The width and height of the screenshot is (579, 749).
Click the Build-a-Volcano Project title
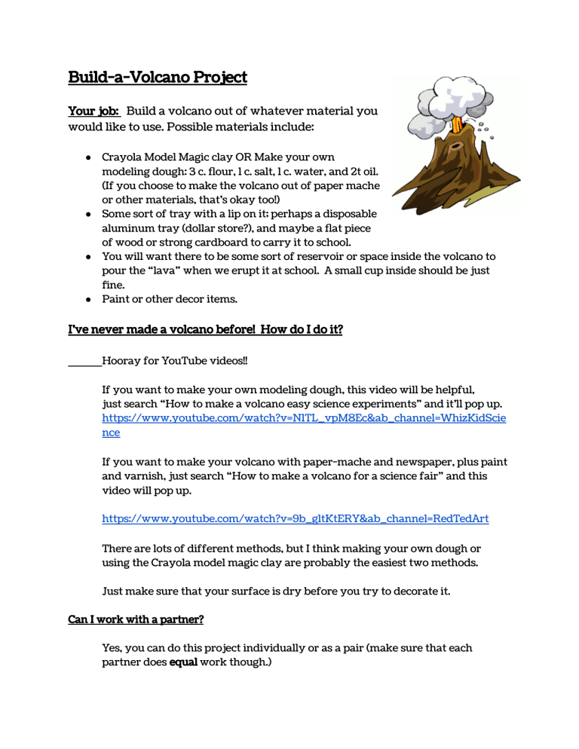coord(158,77)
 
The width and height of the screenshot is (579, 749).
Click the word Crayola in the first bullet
coord(122,157)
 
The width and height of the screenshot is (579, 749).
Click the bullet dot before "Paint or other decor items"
coord(88,299)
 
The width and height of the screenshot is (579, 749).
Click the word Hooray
coord(124,361)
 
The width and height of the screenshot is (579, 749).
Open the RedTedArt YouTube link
coord(295,518)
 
